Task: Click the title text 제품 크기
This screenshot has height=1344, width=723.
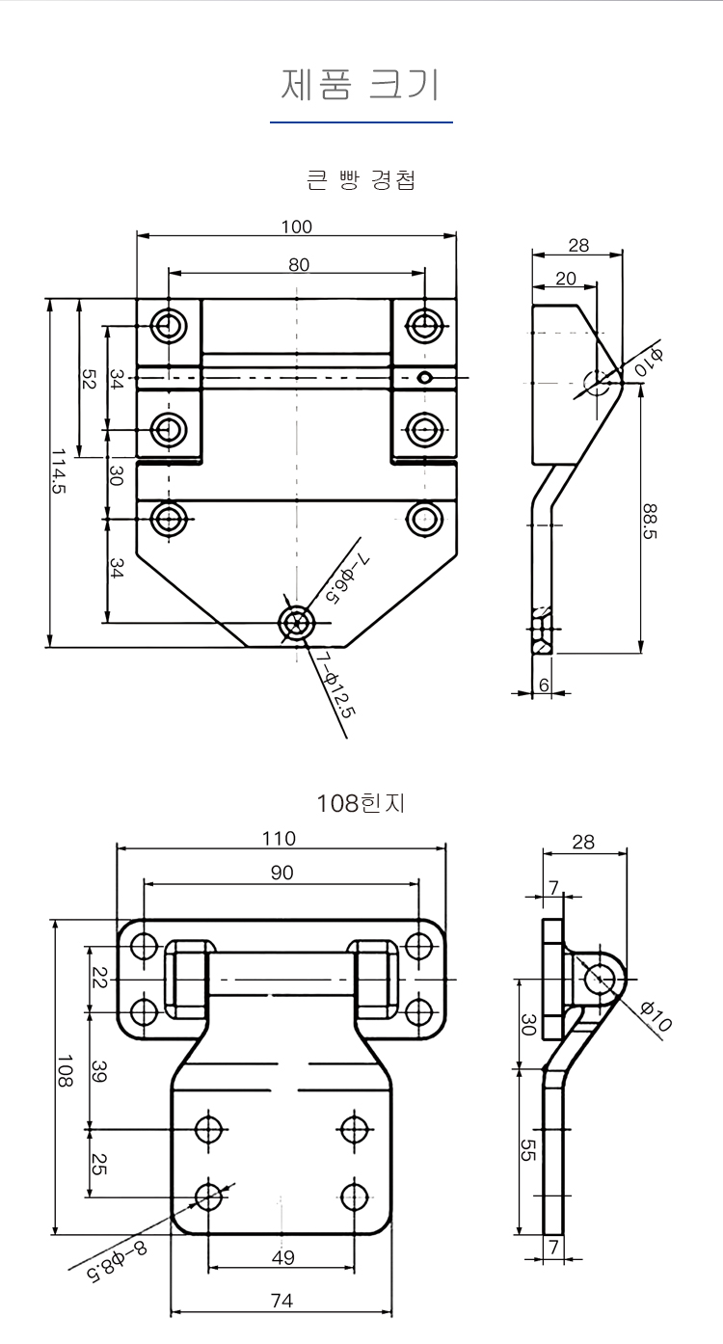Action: coord(361,84)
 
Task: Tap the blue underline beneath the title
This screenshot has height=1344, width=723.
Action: coord(361,122)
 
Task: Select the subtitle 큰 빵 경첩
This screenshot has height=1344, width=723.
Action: coord(361,180)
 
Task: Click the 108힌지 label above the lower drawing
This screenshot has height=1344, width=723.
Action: coord(361,802)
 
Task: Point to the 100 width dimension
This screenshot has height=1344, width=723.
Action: coord(297,227)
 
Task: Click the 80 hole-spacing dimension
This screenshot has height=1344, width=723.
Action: coord(298,264)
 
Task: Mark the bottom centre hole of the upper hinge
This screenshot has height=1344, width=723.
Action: coord(296,623)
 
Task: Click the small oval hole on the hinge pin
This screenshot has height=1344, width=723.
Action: coord(425,377)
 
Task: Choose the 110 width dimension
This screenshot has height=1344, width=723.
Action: coord(280,839)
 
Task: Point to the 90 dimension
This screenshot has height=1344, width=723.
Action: coord(281,874)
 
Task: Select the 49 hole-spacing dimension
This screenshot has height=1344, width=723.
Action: coord(281,1257)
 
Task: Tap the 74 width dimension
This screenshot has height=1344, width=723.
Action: coord(281,1301)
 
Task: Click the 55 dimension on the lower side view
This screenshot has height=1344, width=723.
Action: coord(528,1149)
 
